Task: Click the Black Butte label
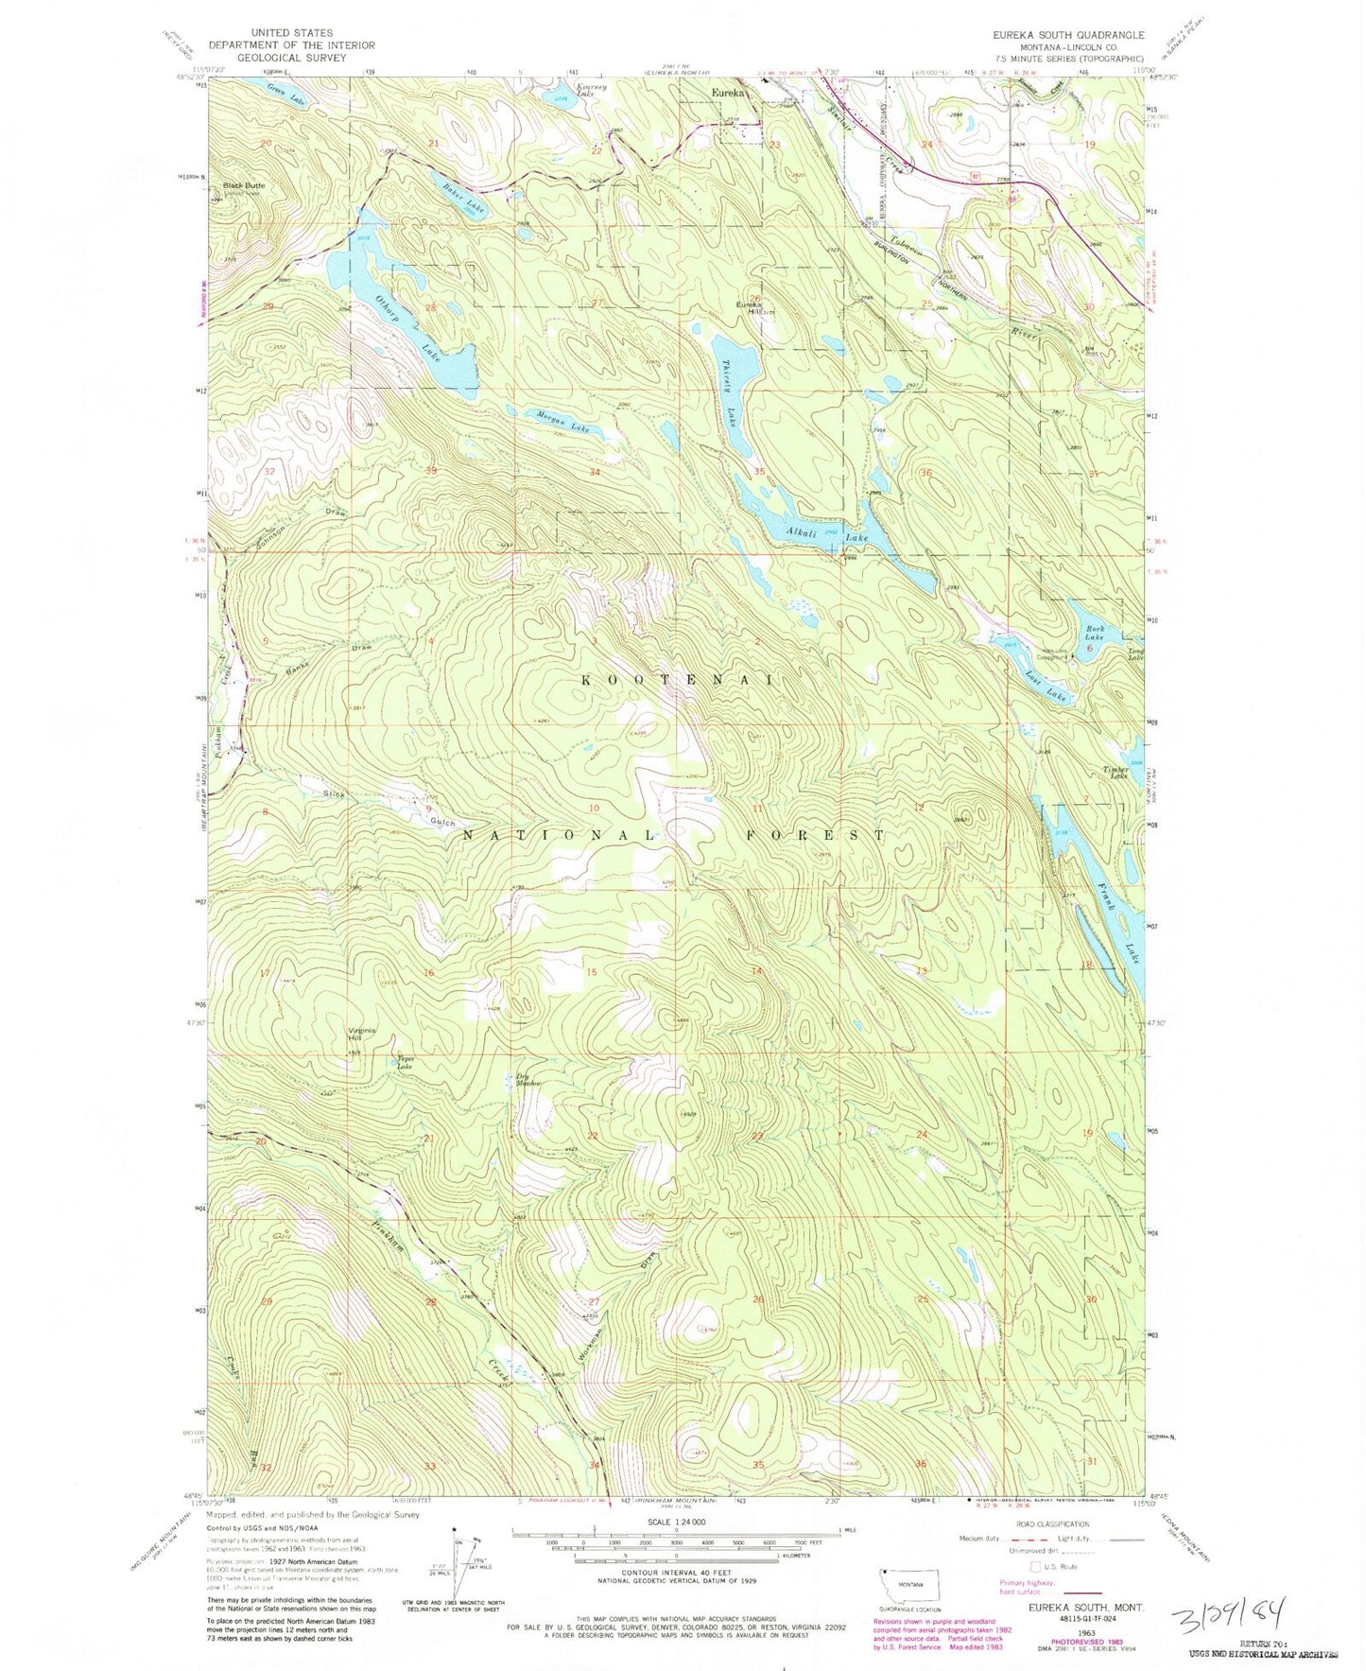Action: point(244,185)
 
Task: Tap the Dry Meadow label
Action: point(528,1079)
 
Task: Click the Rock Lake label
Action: point(1095,633)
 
